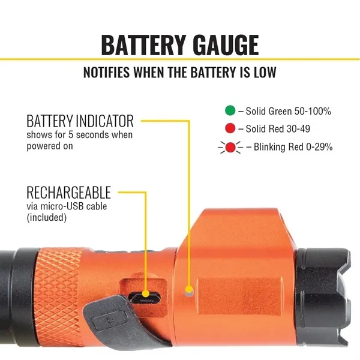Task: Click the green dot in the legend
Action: click(229, 111)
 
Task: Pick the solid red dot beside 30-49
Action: click(229, 128)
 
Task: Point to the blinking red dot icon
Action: click(229, 146)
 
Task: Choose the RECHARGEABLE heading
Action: click(68, 193)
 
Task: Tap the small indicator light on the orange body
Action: click(190, 292)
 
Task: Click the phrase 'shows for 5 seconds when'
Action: click(79, 135)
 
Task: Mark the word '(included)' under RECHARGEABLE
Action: click(46, 218)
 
